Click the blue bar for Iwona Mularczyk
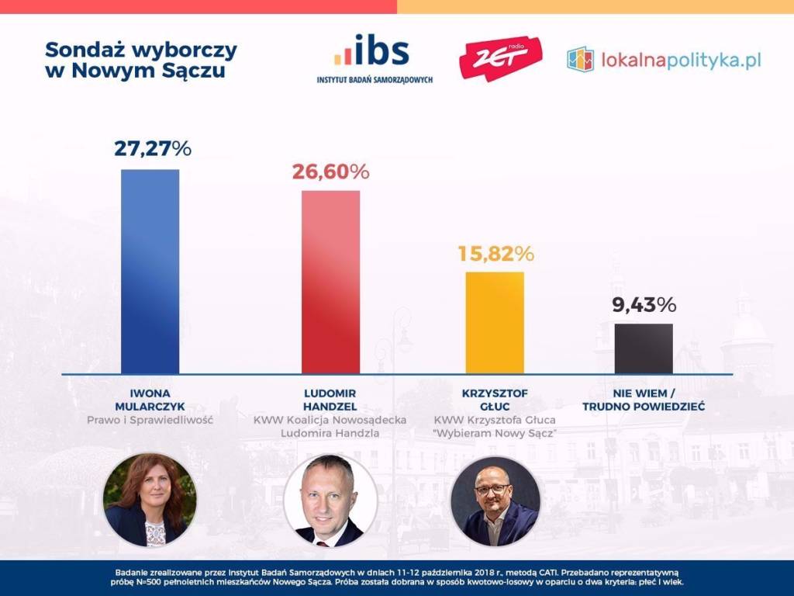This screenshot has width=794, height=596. [x=150, y=271]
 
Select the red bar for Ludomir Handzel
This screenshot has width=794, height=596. [x=330, y=282]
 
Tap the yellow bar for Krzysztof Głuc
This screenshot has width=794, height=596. [x=495, y=322]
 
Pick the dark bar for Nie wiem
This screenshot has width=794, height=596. [x=644, y=348]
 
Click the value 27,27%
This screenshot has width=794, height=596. [x=153, y=148]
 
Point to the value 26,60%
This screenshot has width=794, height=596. [x=330, y=172]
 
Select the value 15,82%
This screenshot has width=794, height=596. [x=495, y=254]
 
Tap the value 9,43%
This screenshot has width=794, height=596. [x=644, y=305]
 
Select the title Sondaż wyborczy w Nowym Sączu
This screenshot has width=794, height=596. [x=140, y=60]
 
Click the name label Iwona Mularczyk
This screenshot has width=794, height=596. [x=150, y=400]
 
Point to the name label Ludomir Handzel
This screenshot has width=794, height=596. [x=330, y=400]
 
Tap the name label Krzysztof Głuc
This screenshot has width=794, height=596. [x=495, y=400]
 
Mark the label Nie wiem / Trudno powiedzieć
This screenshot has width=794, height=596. [x=644, y=400]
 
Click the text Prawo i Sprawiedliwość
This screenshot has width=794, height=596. [x=150, y=420]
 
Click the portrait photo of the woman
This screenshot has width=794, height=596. [x=150, y=499]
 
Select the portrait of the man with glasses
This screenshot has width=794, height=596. [x=495, y=501]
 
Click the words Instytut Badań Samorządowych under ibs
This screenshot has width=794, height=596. [x=375, y=80]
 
